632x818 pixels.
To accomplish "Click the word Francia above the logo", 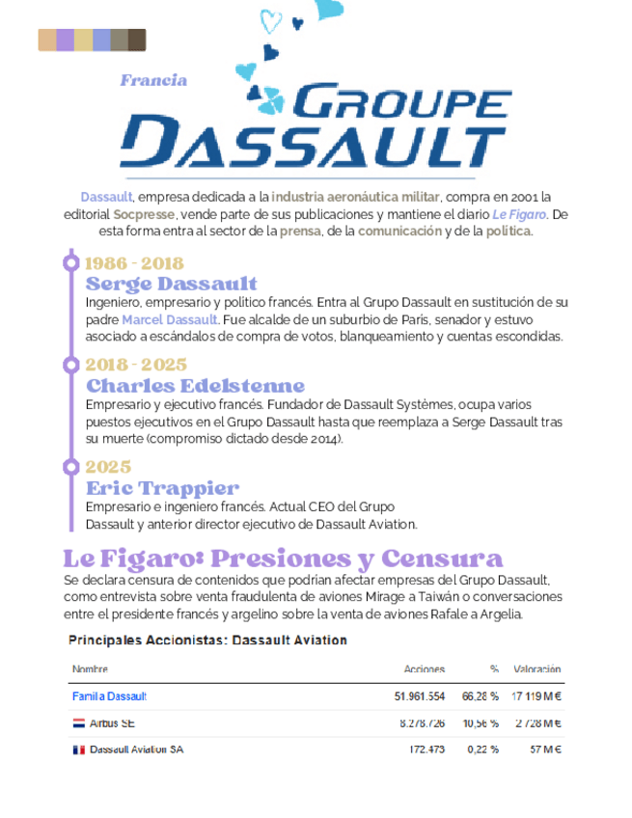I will tap(153, 80).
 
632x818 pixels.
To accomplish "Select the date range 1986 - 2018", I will tap(134, 262).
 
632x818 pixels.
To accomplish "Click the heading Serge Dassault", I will tap(172, 284).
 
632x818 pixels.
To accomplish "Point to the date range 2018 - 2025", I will tap(135, 365).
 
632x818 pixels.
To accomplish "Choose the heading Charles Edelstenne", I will tap(195, 386).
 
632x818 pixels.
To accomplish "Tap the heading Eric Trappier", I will tap(162, 487).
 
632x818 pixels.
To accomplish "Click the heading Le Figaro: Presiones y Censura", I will tap(283, 559).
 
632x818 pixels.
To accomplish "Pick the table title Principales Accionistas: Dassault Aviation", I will tap(207, 640).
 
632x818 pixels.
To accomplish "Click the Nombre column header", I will tap(90, 668).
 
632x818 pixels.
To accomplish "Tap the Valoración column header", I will tap(536, 668).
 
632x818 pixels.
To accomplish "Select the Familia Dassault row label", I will tap(109, 695).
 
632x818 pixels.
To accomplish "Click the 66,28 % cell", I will tap(480, 695).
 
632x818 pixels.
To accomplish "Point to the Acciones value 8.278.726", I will tap(422, 723).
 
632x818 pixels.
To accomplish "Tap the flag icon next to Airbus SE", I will tap(78, 723).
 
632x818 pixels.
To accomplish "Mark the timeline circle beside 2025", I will tap(70, 467).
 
